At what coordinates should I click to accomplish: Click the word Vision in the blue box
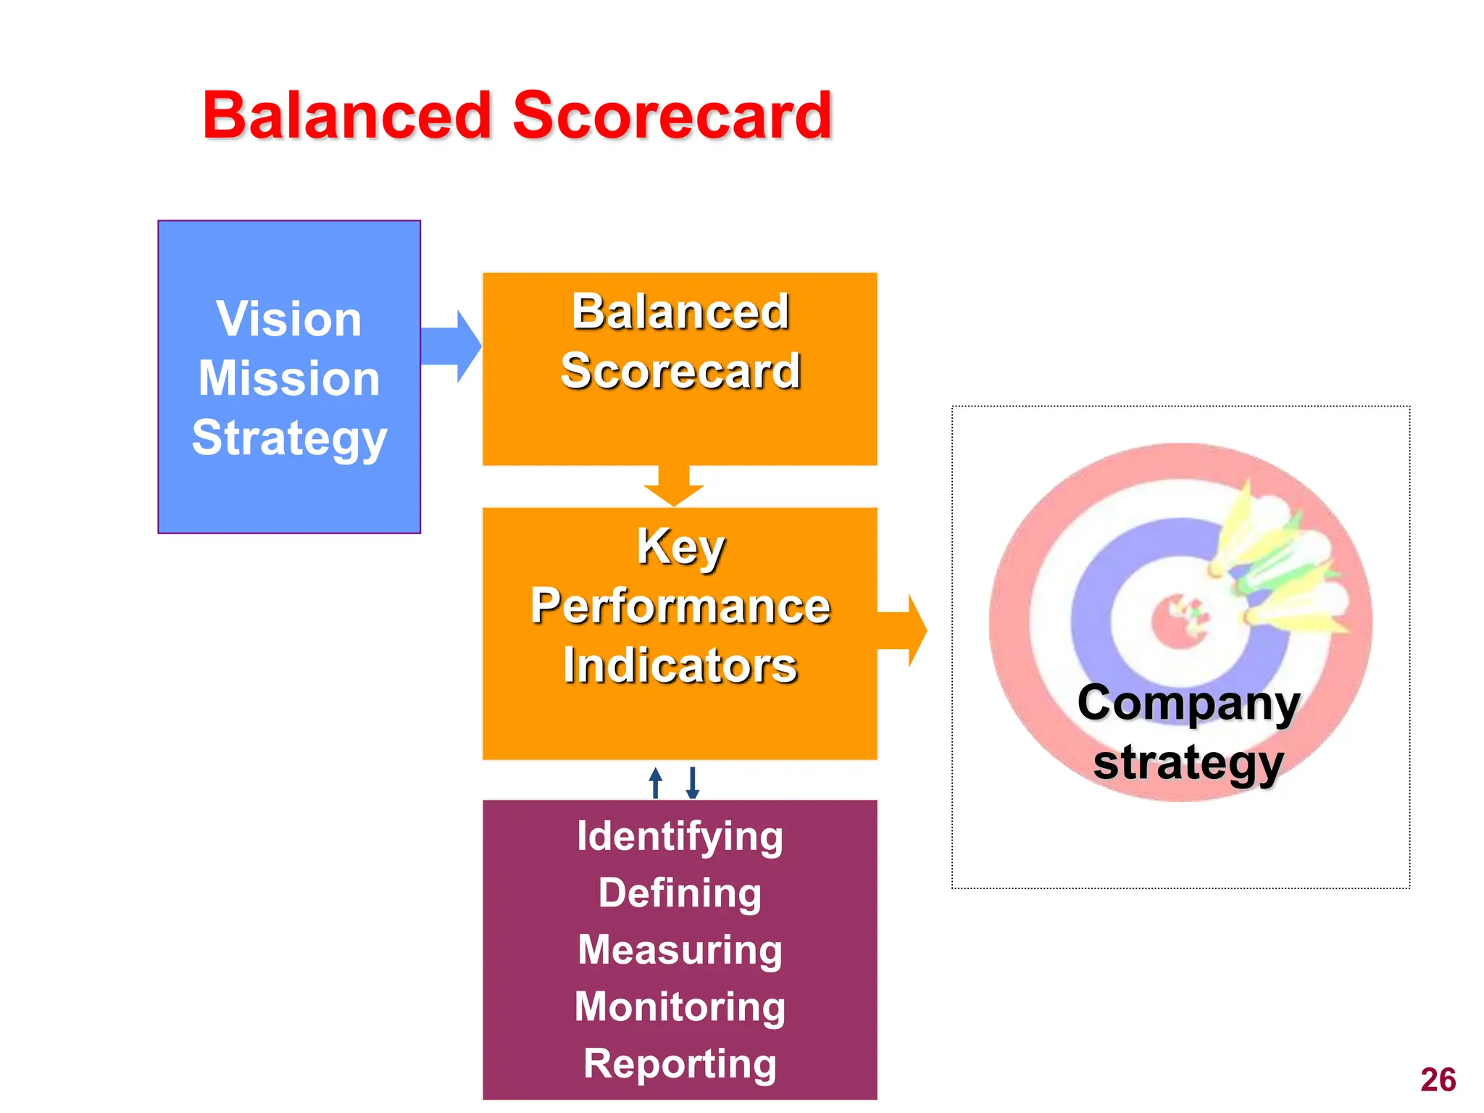coord(289,319)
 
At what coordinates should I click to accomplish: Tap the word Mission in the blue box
coord(289,378)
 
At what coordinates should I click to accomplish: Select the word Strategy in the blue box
coord(289,438)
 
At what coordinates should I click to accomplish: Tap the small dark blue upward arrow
coord(656,783)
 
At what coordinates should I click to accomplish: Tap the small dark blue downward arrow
coord(693,783)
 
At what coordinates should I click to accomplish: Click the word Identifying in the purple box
coord(680,836)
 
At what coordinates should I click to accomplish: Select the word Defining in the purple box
coord(680,893)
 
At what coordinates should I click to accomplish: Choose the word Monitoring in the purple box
coord(680,1006)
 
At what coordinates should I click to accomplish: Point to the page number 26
coord(1438,1080)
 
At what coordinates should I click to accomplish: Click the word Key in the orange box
coord(680,546)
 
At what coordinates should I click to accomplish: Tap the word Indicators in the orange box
coord(680,665)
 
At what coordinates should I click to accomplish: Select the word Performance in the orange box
coord(680,606)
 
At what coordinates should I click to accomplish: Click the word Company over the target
coord(1188,703)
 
